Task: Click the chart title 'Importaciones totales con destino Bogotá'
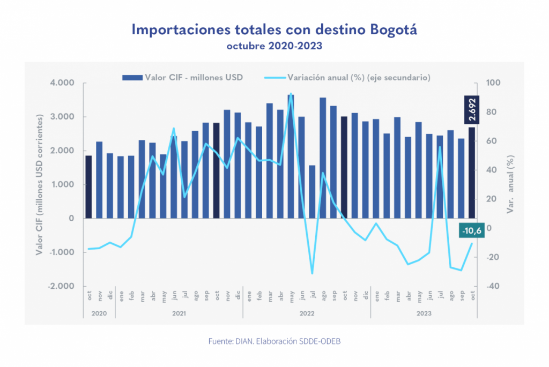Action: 274,29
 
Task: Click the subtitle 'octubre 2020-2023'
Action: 274,46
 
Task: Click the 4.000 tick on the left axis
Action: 63,83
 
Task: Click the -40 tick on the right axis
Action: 493,286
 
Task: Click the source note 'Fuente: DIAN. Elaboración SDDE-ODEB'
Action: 274,341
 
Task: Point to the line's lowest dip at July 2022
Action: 312,274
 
